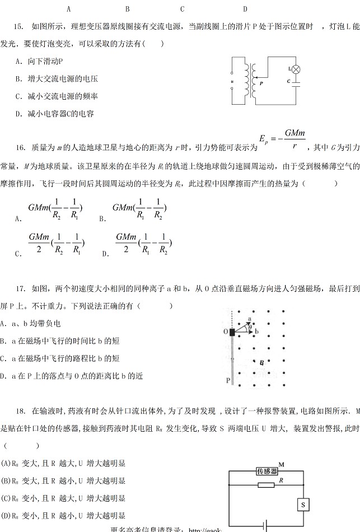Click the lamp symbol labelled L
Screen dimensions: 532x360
click(297, 69)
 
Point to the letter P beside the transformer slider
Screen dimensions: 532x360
click(261, 82)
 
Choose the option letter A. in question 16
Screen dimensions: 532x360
click(18, 219)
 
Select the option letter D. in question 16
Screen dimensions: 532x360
click(105, 254)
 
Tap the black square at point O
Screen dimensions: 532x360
click(232, 332)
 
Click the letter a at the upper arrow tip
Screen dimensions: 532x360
click(250, 319)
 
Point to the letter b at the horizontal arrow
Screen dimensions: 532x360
click(256, 332)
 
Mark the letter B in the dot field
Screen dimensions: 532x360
click(261, 363)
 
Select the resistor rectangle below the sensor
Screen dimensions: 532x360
click(267, 484)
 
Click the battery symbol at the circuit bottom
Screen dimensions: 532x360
click(267, 526)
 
